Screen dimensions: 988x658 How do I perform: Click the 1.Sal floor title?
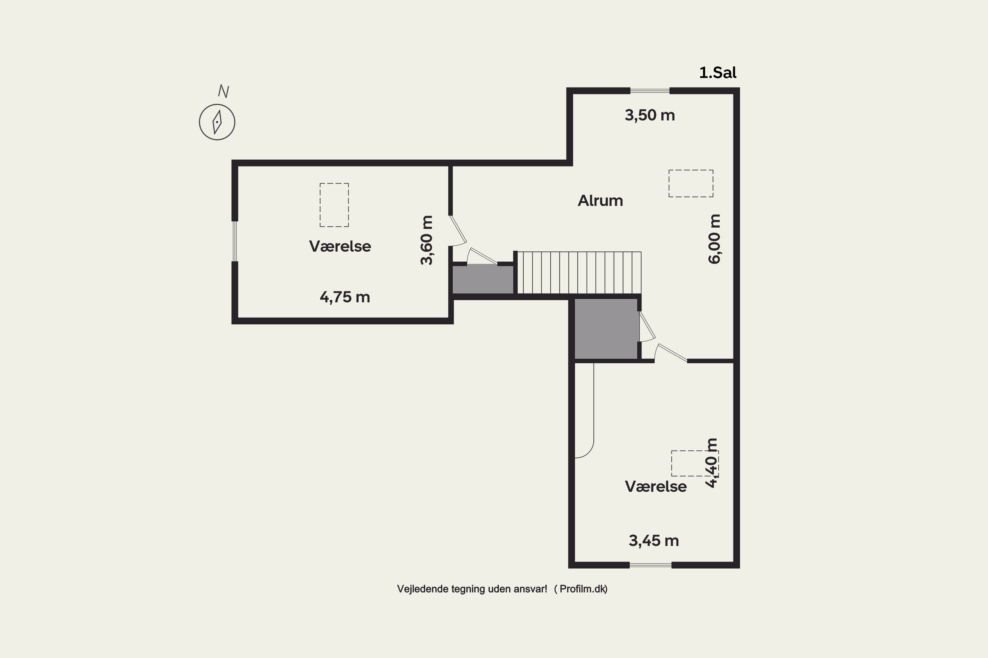(718, 73)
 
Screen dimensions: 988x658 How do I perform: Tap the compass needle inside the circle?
(217, 122)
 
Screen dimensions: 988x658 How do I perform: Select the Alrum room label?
(600, 201)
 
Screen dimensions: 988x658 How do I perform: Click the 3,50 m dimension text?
(649, 115)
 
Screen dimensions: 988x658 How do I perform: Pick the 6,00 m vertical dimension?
(714, 239)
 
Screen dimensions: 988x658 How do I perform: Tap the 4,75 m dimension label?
(345, 297)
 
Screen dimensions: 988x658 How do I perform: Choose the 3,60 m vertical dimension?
(426, 240)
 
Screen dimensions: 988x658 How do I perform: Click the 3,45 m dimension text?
(654, 541)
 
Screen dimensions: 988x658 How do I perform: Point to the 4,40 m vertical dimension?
(712, 463)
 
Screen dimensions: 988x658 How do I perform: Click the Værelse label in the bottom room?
(656, 486)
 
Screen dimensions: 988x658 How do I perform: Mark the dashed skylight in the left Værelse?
(334, 205)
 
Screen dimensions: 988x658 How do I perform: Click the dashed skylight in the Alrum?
(691, 183)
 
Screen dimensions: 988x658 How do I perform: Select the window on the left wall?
(235, 241)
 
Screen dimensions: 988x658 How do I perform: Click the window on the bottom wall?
(651, 565)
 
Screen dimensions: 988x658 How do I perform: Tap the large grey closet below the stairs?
(606, 329)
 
